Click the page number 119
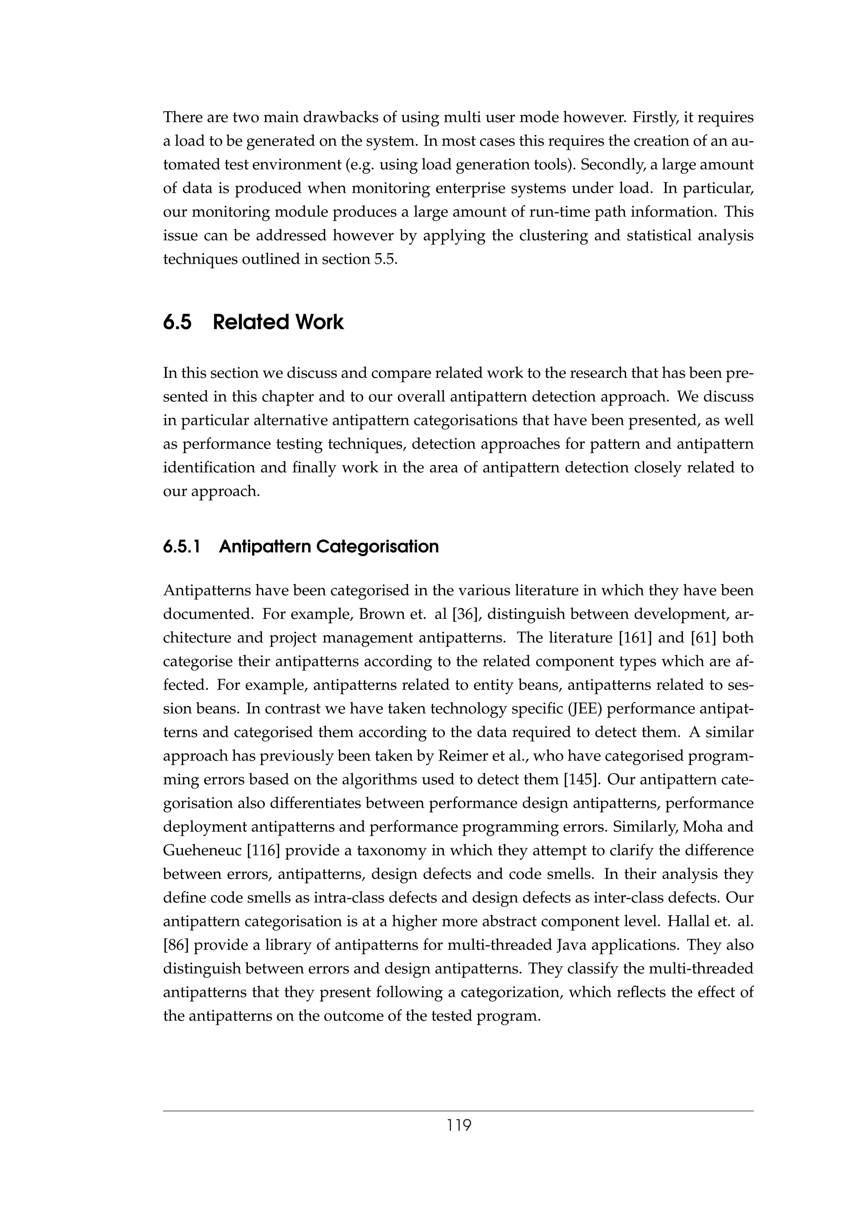pos(459,1125)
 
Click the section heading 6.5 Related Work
pos(253,322)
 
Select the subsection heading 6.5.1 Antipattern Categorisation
pos(301,547)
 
